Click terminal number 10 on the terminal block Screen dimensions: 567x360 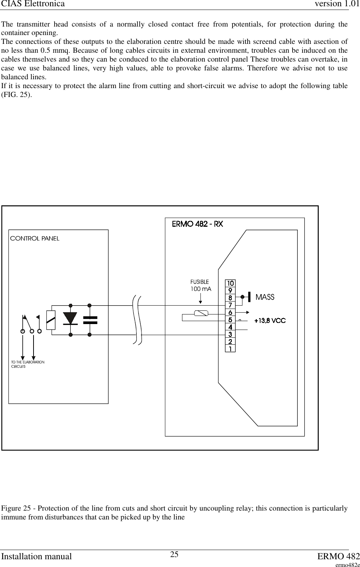click(230, 283)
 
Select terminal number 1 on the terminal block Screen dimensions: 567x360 click(230, 348)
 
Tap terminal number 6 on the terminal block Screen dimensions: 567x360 click(230, 313)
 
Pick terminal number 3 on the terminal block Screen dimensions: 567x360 click(230, 334)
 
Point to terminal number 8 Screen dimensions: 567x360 click(230, 298)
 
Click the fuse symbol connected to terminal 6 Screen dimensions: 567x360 click(201, 313)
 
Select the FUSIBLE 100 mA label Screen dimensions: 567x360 click(200, 285)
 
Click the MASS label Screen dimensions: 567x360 click(265, 297)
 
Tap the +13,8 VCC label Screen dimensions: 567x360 click(270, 321)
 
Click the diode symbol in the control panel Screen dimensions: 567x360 click(70, 319)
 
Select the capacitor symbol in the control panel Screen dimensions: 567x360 click(90, 320)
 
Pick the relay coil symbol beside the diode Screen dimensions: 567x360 click(51, 320)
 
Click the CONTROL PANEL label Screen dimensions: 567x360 click(35, 239)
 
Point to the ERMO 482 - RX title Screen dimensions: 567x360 click(198, 224)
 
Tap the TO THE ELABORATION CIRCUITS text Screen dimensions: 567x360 click(28, 364)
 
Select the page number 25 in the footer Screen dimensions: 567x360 click(174, 554)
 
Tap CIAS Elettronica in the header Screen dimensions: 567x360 click(32, 4)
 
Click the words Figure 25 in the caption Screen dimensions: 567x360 click(16, 509)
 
